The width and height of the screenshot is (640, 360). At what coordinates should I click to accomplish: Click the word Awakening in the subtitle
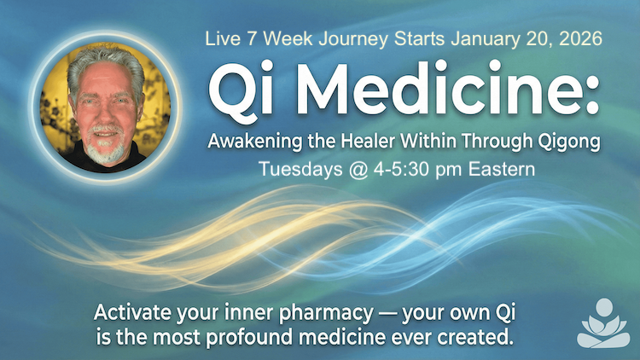click(249, 139)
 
